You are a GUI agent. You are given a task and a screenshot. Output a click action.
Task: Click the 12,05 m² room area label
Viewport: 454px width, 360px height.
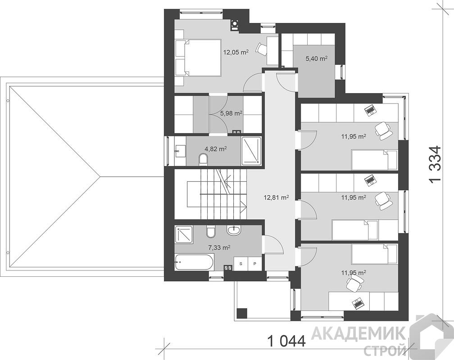click(236, 52)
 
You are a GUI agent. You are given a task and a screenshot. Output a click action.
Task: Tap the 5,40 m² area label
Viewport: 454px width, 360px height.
click(317, 59)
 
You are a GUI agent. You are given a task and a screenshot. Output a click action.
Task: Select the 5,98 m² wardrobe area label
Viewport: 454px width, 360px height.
click(232, 113)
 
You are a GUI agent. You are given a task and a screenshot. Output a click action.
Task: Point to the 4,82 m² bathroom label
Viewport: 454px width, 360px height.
click(216, 149)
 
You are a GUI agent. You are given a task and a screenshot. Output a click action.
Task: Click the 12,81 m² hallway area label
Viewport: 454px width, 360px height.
click(276, 198)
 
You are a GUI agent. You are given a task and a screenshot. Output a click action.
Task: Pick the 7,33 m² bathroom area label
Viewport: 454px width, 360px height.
click(219, 247)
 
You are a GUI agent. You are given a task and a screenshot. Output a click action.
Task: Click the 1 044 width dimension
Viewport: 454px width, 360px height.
click(286, 341)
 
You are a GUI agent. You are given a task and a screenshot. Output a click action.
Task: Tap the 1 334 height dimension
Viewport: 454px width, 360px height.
click(435, 164)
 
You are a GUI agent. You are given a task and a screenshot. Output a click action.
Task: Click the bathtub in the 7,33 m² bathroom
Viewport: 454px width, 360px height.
click(194, 262)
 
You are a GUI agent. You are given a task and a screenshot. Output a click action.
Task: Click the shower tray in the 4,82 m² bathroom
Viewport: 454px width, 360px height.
click(251, 151)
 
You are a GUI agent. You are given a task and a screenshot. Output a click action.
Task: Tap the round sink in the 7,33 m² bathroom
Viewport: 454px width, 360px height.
click(233, 230)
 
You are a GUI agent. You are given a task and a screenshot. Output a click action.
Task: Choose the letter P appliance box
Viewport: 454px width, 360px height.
click(254, 264)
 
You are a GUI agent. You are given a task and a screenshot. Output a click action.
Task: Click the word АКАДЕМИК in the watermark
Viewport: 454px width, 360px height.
click(359, 333)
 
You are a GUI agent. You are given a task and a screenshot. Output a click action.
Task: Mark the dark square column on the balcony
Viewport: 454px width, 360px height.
click(242, 313)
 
